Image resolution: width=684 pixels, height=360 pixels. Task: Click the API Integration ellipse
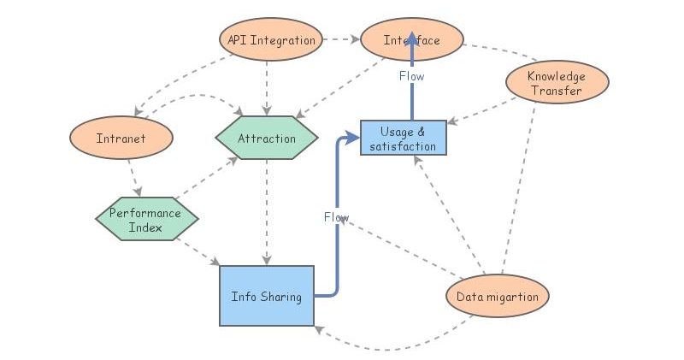tap(271, 40)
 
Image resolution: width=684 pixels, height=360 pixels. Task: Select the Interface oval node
tap(412, 40)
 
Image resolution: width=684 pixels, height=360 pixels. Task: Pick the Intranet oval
tap(122, 138)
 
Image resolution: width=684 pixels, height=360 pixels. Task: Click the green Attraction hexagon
tap(267, 139)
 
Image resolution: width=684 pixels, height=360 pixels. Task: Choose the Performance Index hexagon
tap(146, 220)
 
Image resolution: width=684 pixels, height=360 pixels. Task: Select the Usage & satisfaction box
tap(403, 138)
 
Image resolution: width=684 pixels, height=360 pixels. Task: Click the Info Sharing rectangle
tap(267, 296)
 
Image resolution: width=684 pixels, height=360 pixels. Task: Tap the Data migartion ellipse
tap(498, 297)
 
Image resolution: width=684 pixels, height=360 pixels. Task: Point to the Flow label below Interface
tap(411, 76)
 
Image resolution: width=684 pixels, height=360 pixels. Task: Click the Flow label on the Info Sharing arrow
tap(336, 217)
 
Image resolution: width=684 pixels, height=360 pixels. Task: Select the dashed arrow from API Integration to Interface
tap(341, 39)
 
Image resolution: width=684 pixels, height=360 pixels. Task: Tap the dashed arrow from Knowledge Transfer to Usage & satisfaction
tap(483, 111)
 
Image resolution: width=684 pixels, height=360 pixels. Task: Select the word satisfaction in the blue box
tap(403, 146)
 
